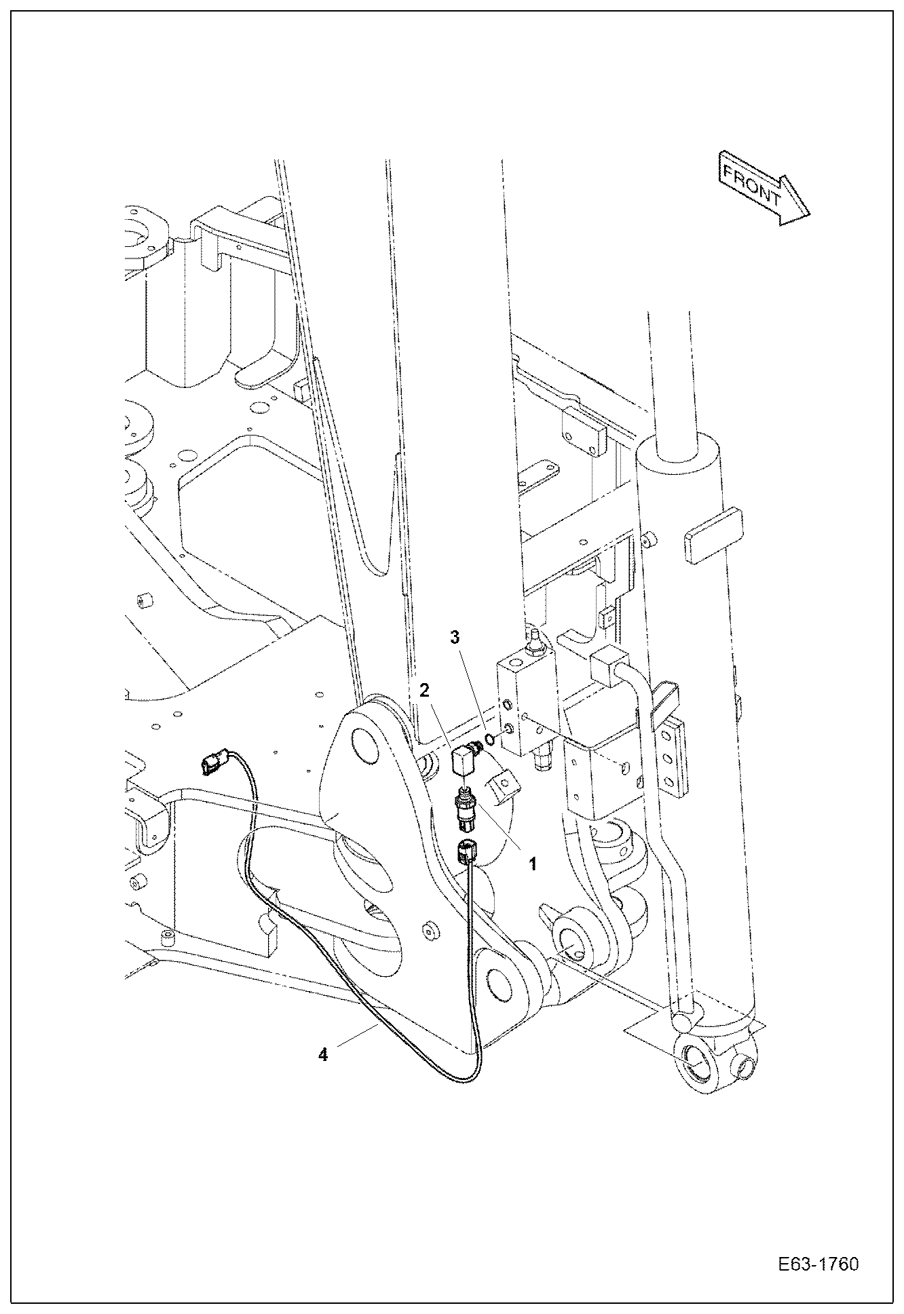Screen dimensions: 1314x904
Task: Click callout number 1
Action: coord(532,864)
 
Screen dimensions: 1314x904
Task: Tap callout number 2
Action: coord(424,691)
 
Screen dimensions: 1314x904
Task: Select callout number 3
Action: coord(456,637)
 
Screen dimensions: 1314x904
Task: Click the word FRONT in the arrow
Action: coord(752,187)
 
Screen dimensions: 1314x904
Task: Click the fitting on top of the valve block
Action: coord(534,640)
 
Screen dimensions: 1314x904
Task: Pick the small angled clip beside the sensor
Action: coord(504,788)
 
